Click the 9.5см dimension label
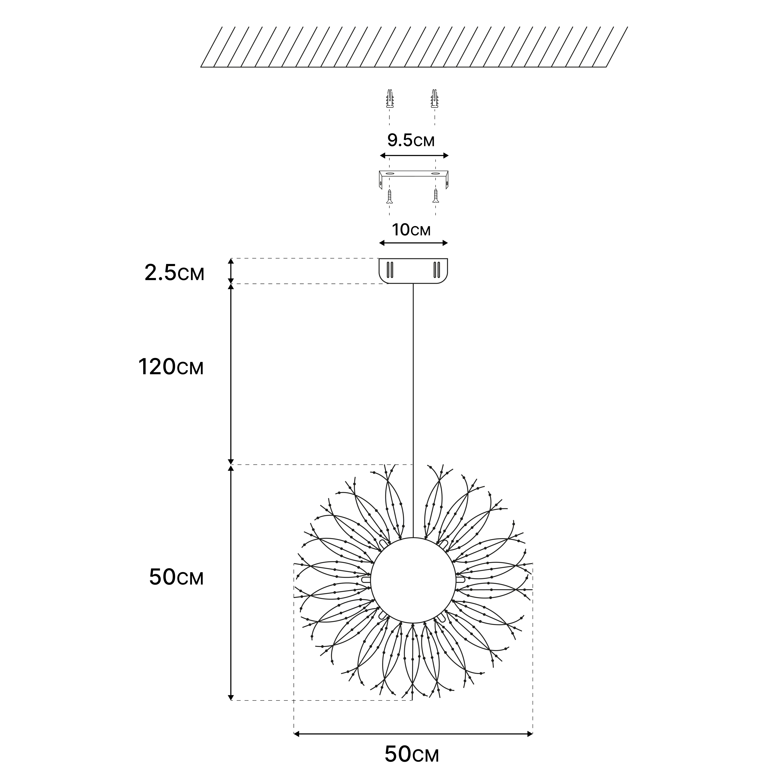tap(411, 140)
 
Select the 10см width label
tap(411, 230)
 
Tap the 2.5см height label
tap(174, 273)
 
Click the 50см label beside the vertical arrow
tap(176, 577)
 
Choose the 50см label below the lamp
tap(412, 754)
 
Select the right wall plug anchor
tap(434, 99)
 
